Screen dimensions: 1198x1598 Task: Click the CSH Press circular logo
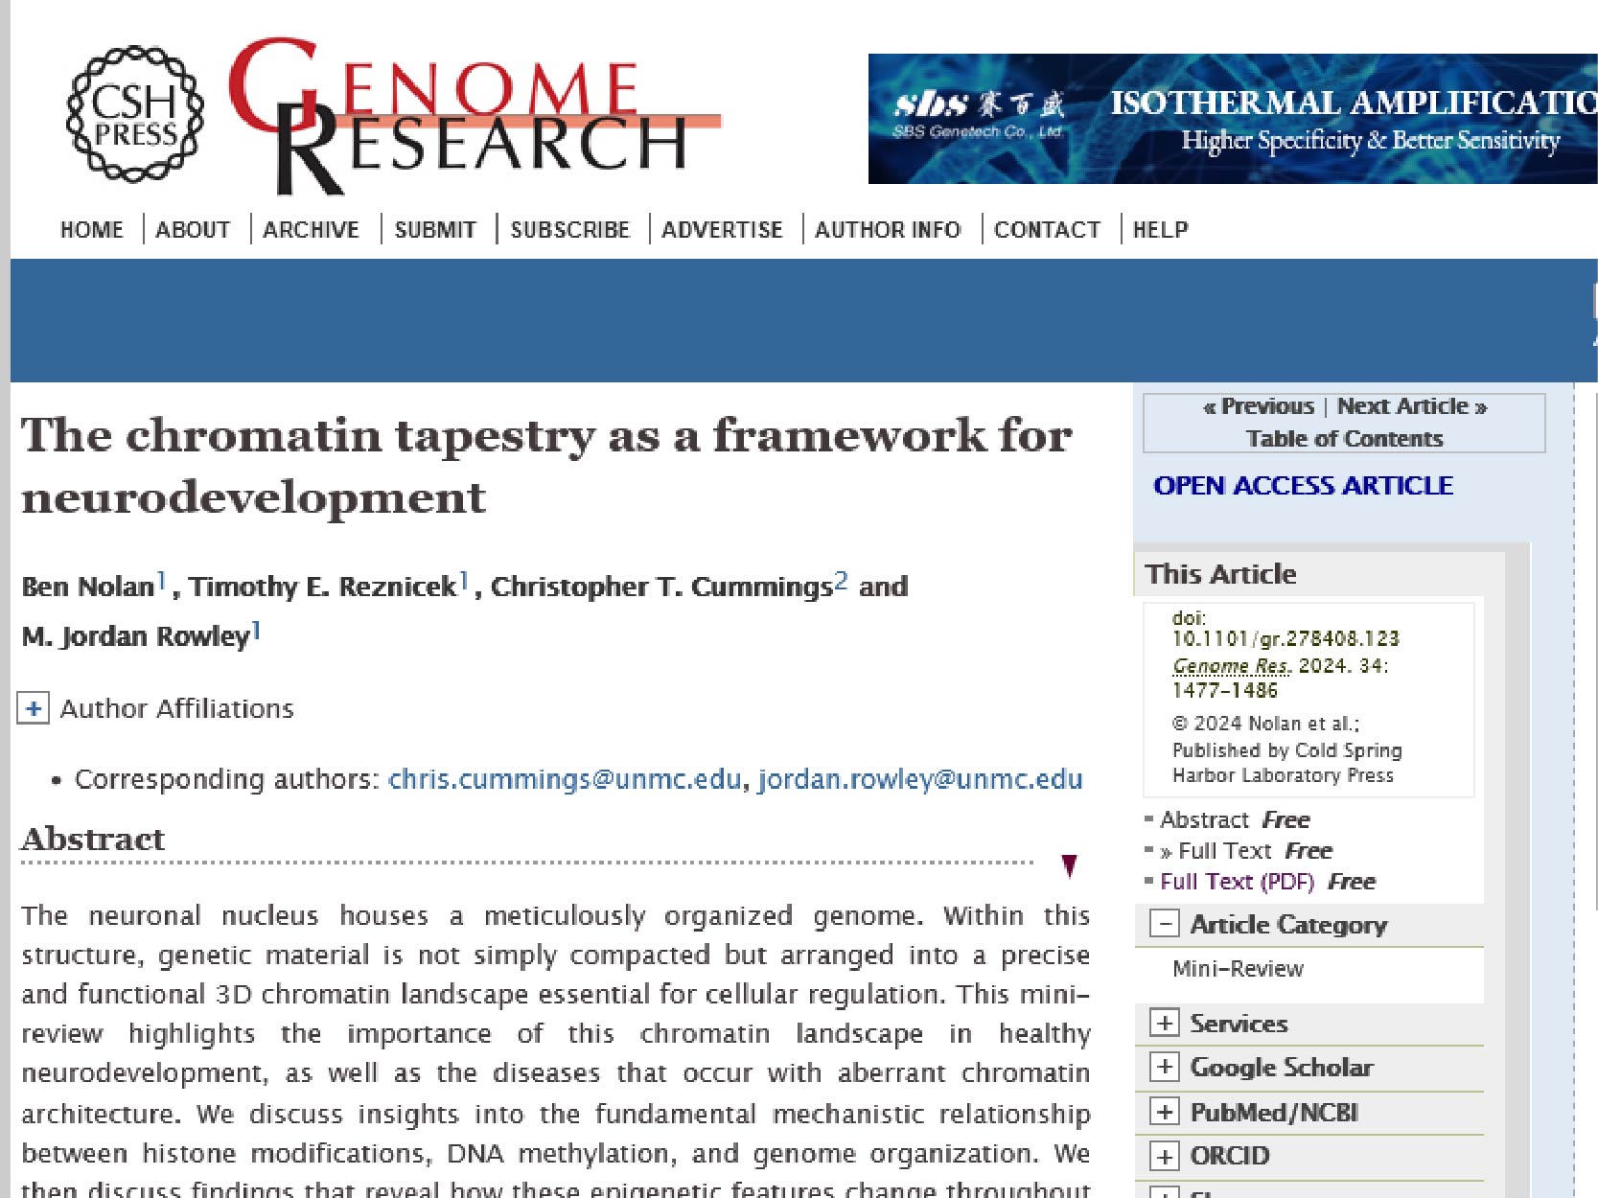click(x=135, y=114)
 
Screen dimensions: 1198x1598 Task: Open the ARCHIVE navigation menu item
click(x=311, y=230)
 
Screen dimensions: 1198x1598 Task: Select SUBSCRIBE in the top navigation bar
click(x=569, y=230)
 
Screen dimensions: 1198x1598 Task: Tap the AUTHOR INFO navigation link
click(x=887, y=230)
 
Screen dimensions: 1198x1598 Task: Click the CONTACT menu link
click(x=1047, y=230)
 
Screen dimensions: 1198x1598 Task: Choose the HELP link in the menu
click(x=1160, y=230)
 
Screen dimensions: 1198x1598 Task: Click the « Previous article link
click(x=1259, y=406)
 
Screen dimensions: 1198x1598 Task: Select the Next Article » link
click(x=1411, y=406)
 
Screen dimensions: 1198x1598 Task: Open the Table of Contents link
click(x=1344, y=439)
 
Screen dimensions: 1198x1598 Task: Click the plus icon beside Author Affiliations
click(x=34, y=708)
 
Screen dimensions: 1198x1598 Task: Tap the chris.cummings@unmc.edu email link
click(x=565, y=779)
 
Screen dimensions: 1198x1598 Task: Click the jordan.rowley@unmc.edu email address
click(x=920, y=779)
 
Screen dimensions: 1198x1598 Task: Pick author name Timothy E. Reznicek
click(x=322, y=587)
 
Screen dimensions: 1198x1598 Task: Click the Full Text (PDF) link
click(x=1237, y=882)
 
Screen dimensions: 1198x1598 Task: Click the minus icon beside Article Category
click(x=1164, y=924)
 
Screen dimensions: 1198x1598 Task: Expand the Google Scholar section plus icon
click(x=1164, y=1067)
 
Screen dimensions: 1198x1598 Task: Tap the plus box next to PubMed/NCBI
click(x=1164, y=1112)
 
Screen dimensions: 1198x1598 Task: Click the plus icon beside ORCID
click(x=1164, y=1156)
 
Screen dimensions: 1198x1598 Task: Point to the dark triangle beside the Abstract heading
click(x=1069, y=865)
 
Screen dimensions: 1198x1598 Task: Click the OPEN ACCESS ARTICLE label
click(x=1303, y=486)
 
